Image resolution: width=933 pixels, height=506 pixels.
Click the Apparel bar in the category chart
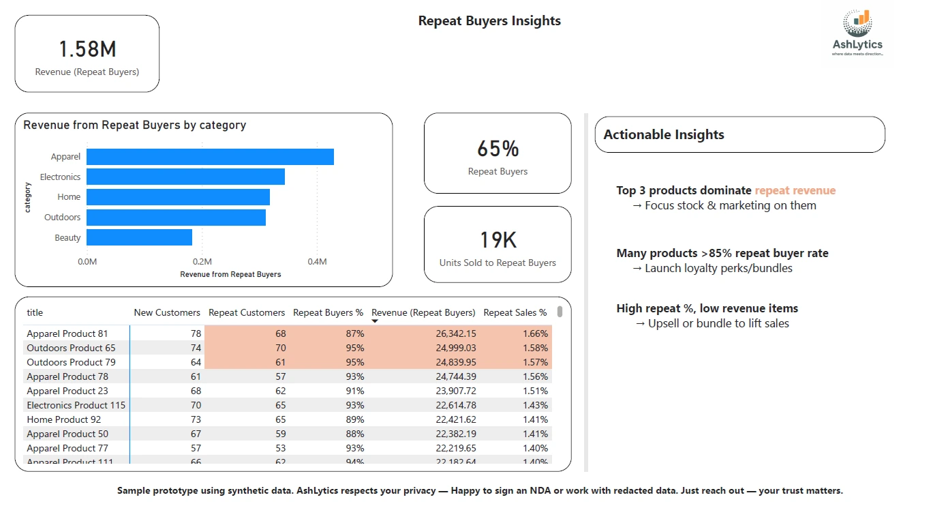click(x=210, y=157)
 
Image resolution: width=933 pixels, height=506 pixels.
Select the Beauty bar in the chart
click(x=139, y=237)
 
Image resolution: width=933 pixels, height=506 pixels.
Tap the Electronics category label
click(x=60, y=177)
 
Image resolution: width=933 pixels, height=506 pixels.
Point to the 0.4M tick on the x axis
click(x=317, y=262)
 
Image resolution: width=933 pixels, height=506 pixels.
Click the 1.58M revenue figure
click(x=87, y=49)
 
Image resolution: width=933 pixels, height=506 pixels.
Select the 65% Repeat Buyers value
click(x=498, y=149)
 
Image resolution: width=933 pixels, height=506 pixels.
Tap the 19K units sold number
click(x=498, y=240)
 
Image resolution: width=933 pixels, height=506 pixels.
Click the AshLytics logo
click(x=857, y=32)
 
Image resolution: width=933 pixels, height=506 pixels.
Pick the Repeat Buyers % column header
click(x=328, y=313)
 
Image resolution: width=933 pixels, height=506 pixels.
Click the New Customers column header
click(x=167, y=313)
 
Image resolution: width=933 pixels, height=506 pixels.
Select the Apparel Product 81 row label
click(x=67, y=333)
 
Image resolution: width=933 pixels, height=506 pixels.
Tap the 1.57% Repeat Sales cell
click(x=535, y=362)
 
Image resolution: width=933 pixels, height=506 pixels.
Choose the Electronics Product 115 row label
click(x=76, y=405)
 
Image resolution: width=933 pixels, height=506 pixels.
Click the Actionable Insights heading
click(x=664, y=135)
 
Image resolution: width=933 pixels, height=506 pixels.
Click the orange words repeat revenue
click(x=795, y=191)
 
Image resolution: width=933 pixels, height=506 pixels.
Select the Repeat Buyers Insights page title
click(x=489, y=21)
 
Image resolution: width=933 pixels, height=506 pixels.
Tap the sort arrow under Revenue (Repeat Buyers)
click(x=375, y=321)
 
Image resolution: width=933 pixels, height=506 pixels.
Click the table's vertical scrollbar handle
click(x=560, y=312)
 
